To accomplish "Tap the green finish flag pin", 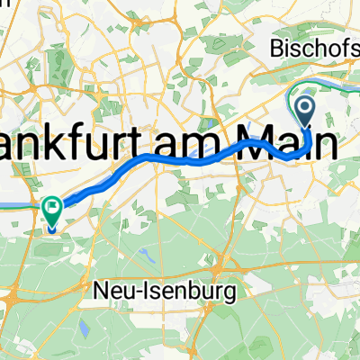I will (53, 212).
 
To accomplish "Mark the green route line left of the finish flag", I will (18, 205).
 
